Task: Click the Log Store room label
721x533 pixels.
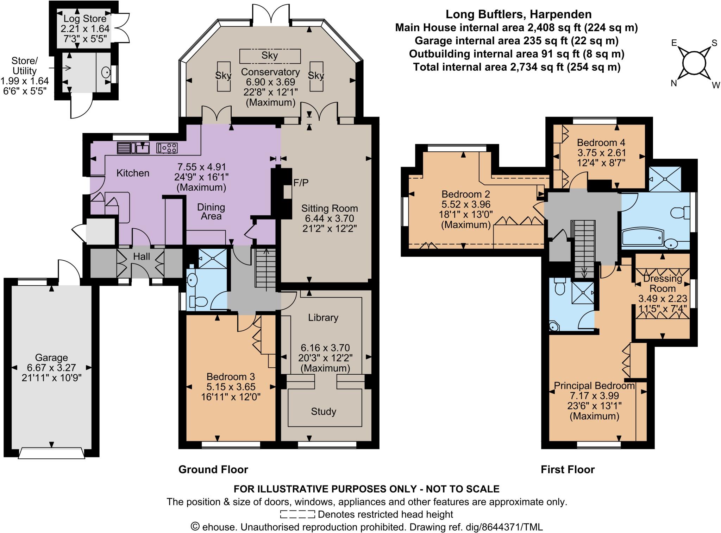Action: point(85,19)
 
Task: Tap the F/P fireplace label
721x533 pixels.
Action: point(301,183)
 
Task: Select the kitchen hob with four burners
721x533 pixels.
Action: point(167,148)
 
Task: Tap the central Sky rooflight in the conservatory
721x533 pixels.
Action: point(270,56)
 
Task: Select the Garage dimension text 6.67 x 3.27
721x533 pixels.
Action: point(51,368)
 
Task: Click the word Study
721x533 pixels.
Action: point(324,411)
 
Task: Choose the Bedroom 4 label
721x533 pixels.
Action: point(601,142)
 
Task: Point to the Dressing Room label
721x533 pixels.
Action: point(662,284)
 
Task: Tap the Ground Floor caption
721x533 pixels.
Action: point(213,469)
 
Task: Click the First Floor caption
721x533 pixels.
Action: point(568,469)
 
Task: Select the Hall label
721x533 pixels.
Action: point(142,257)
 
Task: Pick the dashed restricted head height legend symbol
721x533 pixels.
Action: point(297,514)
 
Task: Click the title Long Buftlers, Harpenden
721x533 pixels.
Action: point(518,14)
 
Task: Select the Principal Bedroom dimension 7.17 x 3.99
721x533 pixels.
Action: point(594,396)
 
